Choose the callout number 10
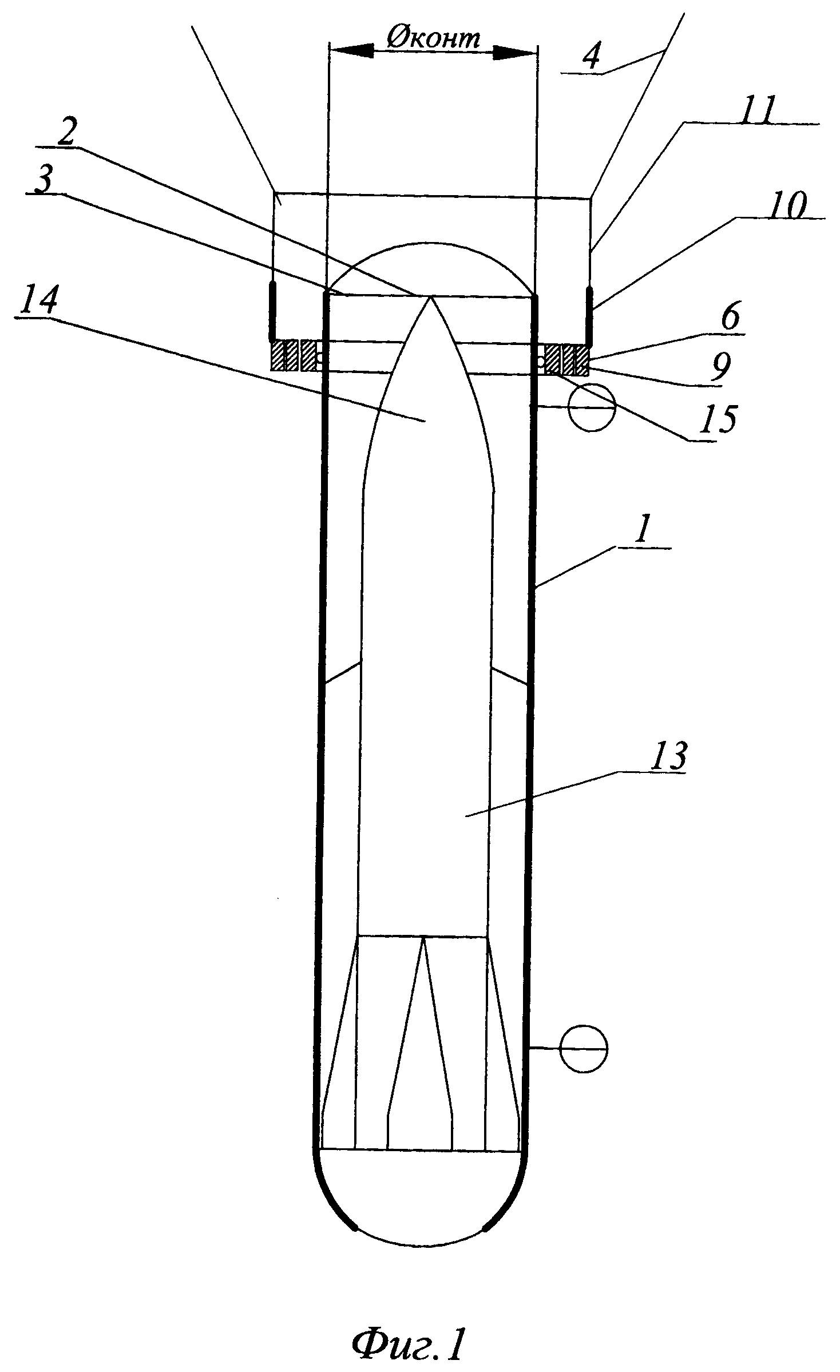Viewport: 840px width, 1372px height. (784, 205)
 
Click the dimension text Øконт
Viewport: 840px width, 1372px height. (433, 39)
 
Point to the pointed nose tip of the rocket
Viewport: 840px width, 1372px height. (430, 296)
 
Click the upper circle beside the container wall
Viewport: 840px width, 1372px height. (591, 407)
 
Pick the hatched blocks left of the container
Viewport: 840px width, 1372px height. (294, 355)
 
